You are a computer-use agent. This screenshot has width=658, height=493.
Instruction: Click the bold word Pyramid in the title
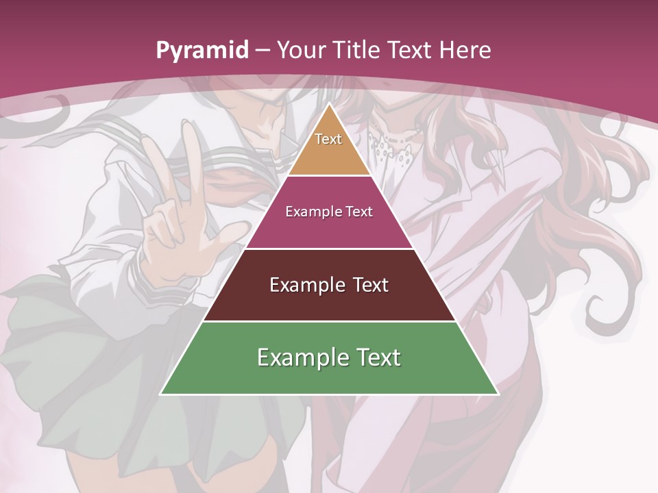(x=202, y=51)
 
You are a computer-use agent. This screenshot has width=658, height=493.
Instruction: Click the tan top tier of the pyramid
(x=329, y=147)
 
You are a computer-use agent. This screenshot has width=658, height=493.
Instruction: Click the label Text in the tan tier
(x=328, y=139)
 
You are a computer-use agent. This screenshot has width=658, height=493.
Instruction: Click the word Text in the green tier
(x=376, y=357)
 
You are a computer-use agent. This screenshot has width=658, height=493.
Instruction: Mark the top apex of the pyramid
(x=329, y=104)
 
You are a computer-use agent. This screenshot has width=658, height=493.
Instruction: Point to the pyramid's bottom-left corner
(x=161, y=394)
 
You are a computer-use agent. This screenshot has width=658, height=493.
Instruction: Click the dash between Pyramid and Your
(x=263, y=51)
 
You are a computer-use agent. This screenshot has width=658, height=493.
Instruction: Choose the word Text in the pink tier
(x=359, y=212)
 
